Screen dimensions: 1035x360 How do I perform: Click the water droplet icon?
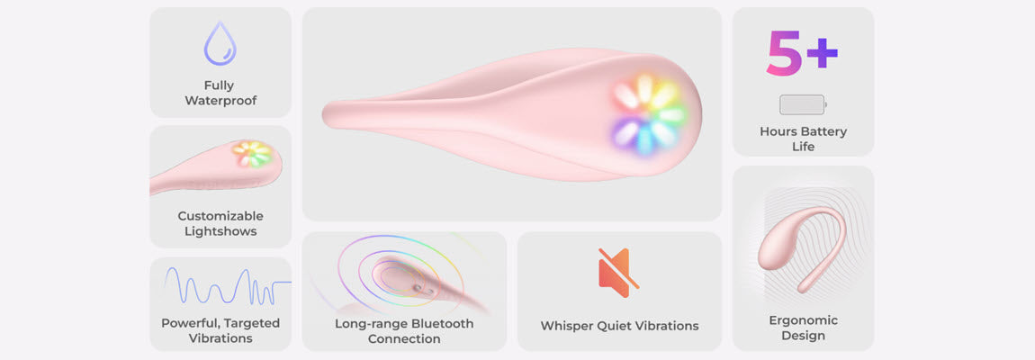220,43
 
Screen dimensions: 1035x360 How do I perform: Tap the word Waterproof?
220,101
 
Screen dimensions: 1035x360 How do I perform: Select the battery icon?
803,104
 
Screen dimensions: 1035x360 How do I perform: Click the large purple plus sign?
822,53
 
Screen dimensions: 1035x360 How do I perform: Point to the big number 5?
784,52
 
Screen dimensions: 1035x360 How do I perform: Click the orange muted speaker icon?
618,273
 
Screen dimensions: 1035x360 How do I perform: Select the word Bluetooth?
442,324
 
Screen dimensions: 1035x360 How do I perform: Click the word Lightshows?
220,231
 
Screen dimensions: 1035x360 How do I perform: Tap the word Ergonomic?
804,320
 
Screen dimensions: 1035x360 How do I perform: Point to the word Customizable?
220,216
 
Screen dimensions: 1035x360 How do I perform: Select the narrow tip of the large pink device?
327,115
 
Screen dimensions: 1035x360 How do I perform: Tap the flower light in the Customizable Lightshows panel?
252,154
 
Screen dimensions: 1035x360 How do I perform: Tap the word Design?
804,337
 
